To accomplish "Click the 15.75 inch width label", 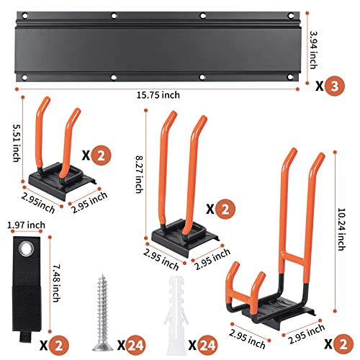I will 157,94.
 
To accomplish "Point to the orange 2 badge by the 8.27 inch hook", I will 222,209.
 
